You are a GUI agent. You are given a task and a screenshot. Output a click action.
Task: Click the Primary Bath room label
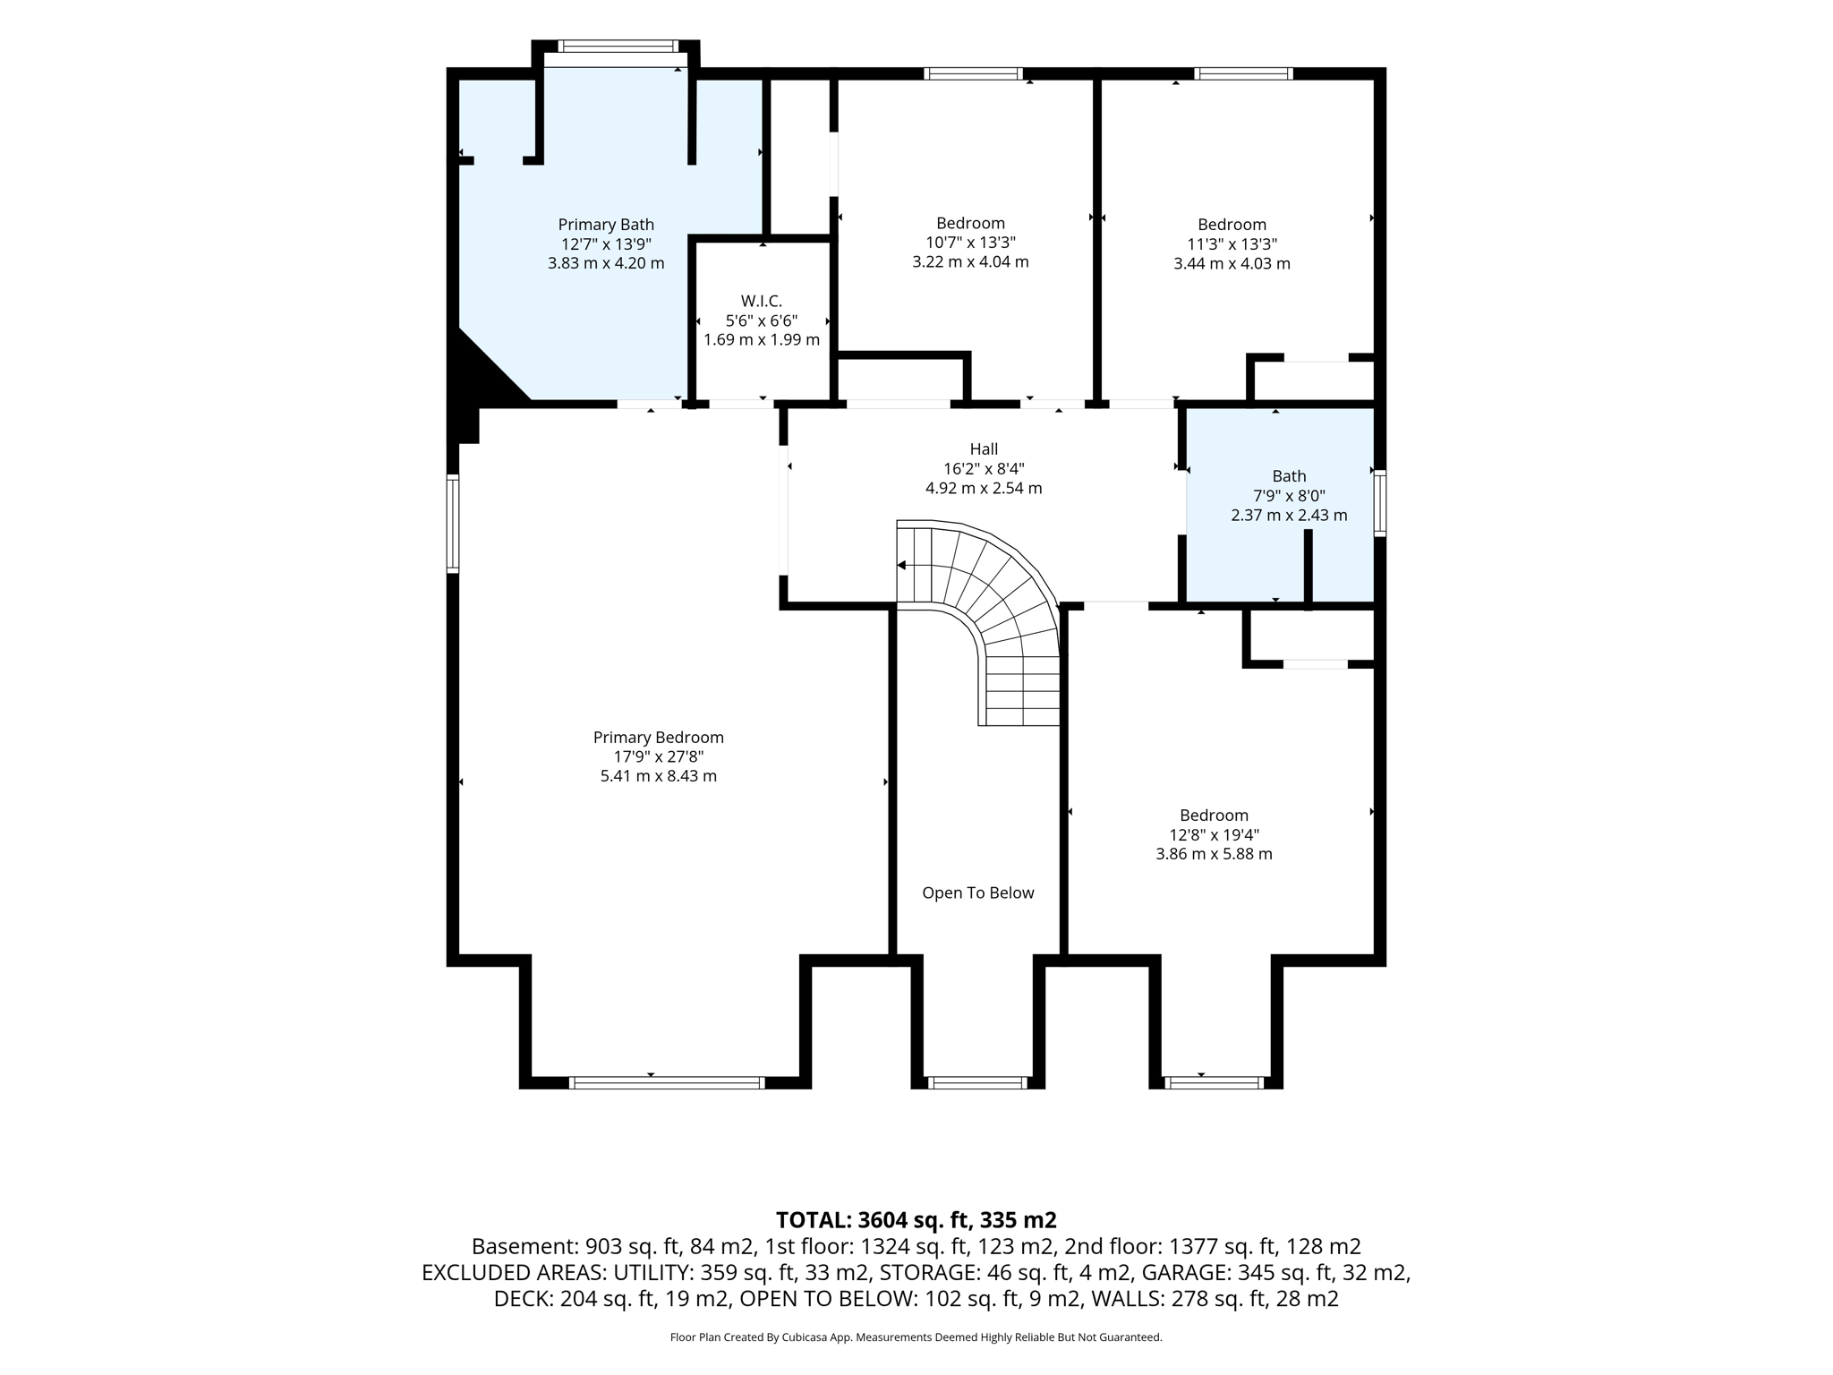606,225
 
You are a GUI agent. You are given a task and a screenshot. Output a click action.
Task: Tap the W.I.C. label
762,302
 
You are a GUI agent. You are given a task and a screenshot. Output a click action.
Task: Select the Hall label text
984,449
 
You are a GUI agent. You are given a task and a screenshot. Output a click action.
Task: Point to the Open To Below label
978,892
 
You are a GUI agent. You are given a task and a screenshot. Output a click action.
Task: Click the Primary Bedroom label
659,738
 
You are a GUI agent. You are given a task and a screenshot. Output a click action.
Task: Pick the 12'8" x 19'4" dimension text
1215,834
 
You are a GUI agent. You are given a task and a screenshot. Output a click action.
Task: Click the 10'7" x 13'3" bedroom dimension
971,243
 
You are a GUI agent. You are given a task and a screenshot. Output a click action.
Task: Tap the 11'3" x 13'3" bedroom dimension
1232,243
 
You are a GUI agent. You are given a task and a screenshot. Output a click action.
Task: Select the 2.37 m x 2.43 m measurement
1289,516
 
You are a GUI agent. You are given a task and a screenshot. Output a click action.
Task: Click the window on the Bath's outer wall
1380,503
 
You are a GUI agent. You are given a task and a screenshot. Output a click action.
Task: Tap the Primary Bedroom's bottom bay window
667,1082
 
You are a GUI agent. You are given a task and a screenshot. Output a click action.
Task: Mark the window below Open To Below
977,1082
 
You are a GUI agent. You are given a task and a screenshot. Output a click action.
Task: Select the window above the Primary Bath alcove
618,46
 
